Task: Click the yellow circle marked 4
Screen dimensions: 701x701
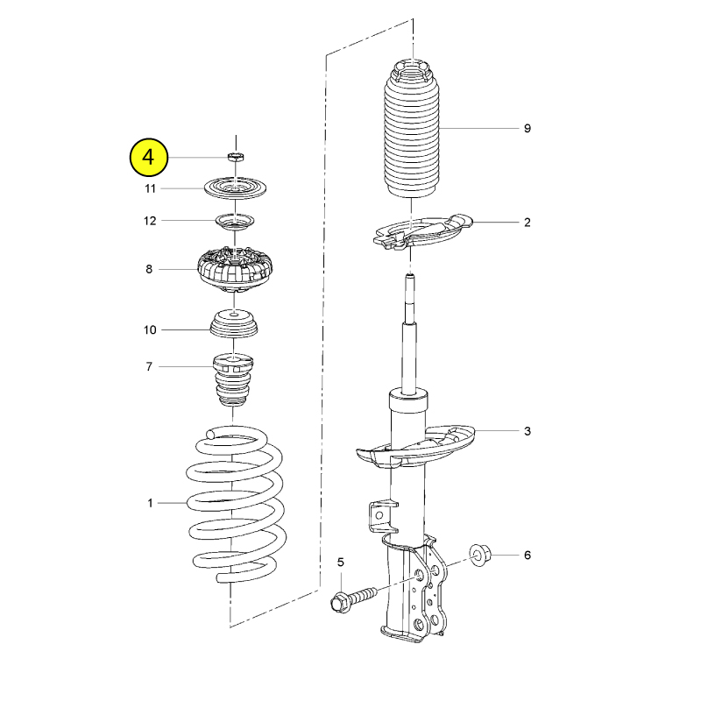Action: tap(148, 158)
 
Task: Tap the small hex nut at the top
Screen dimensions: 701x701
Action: tap(235, 157)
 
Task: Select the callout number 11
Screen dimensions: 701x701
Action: tap(150, 188)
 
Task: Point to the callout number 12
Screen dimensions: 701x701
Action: tap(150, 221)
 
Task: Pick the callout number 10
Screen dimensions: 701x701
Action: tap(150, 330)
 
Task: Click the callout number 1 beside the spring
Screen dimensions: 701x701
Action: tap(150, 503)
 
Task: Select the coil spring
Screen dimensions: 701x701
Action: tap(236, 505)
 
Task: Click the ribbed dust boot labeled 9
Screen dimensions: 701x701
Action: tap(412, 129)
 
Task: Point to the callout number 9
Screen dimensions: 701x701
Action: tap(528, 128)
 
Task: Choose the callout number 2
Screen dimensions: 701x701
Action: tap(528, 223)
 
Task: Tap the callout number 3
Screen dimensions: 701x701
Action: tap(528, 431)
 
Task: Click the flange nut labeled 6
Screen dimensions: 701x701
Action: tap(480, 555)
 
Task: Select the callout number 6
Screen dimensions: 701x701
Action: tap(528, 556)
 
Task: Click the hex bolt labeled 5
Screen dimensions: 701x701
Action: tap(353, 599)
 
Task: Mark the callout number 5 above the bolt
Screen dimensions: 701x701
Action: tap(341, 562)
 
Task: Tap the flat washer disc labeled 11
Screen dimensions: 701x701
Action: tap(235, 188)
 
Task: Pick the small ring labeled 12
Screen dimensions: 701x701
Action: tap(235, 222)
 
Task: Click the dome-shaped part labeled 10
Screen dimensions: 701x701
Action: tap(234, 325)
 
